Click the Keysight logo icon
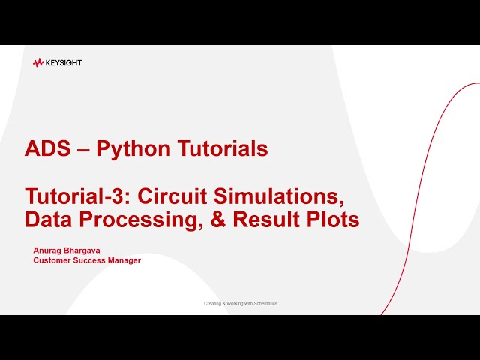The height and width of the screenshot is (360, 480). click(x=38, y=63)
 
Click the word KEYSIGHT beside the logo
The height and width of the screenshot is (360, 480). click(x=64, y=63)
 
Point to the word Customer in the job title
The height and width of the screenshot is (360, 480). click(x=53, y=260)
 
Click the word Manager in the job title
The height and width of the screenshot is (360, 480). click(x=126, y=260)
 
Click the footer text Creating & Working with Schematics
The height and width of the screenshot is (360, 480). click(x=241, y=304)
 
